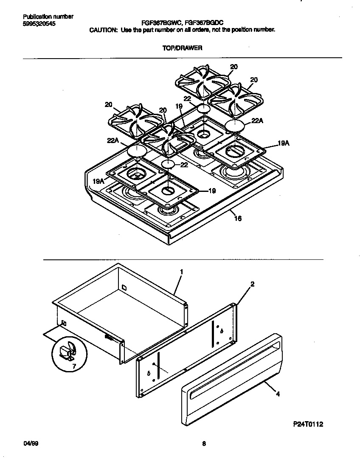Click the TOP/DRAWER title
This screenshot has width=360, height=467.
click(x=182, y=48)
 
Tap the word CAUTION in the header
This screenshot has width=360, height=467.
click(x=103, y=30)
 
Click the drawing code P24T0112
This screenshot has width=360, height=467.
click(x=311, y=424)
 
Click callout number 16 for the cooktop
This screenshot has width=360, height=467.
click(x=238, y=219)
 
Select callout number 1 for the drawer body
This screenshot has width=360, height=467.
click(x=181, y=272)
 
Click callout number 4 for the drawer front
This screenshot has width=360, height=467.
click(x=277, y=394)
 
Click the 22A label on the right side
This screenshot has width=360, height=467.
click(x=257, y=121)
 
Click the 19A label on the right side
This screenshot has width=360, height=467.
click(x=284, y=144)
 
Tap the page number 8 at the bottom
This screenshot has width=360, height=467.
click(x=204, y=444)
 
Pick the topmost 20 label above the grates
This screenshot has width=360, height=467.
click(x=234, y=66)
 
